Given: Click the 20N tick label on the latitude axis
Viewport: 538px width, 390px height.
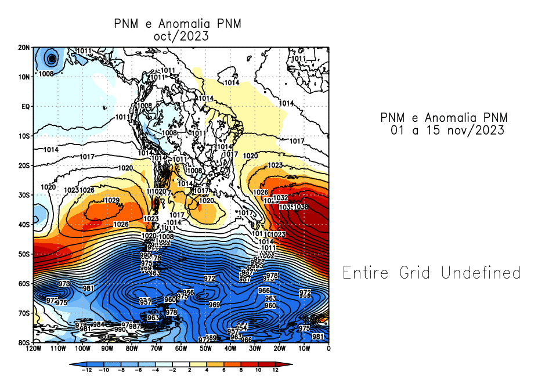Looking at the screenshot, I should (x=24, y=47).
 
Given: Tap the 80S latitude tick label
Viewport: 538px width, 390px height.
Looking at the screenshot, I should (x=24, y=342).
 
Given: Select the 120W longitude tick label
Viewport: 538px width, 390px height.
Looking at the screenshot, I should (x=33, y=349).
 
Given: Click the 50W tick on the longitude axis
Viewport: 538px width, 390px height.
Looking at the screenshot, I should (x=205, y=349).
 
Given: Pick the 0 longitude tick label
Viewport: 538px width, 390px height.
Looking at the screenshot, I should (x=329, y=349).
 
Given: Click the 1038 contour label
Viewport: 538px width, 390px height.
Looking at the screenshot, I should (x=301, y=207).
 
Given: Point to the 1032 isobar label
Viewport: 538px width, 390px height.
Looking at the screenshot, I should (x=280, y=198).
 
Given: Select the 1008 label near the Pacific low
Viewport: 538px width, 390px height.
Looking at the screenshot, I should (x=46, y=74).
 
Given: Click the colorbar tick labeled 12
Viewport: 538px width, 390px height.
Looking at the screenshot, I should (x=275, y=370).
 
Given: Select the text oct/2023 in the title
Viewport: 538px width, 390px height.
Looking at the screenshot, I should (x=178, y=35).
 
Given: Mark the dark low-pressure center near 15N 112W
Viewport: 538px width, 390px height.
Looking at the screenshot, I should (x=52, y=58).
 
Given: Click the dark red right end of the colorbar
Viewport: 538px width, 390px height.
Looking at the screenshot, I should (x=288, y=364).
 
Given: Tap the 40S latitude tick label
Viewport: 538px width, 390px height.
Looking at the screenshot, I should (x=24, y=225).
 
